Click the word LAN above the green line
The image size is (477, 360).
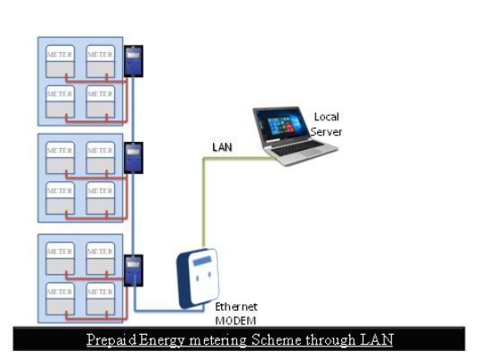coord(222,147)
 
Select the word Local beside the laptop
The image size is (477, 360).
coord(326,117)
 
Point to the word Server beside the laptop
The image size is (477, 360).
coord(326,132)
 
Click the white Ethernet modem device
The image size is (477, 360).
coord(198,278)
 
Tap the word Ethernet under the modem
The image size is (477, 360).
coord(236,306)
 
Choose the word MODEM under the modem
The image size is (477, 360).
coord(235,320)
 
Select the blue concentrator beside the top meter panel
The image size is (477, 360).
coord(134,61)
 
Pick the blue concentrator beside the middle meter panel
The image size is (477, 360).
coord(134,158)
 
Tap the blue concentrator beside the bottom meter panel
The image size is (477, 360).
coord(134,270)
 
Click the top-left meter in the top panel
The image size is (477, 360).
coord(60,61)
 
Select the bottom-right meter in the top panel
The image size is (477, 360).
coord(101,101)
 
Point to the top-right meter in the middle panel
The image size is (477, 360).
coord(101,158)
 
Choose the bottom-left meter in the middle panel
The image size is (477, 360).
coord(60,198)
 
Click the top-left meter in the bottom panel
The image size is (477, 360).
coord(60,259)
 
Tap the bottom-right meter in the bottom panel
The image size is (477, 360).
coord(101,299)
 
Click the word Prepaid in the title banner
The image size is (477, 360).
coord(111,339)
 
